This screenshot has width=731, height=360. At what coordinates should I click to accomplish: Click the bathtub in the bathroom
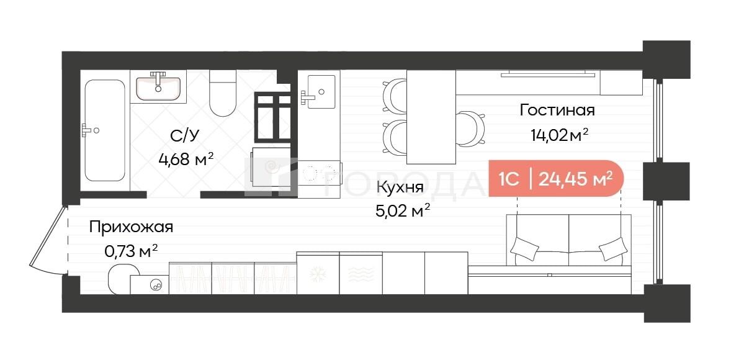click(105, 130)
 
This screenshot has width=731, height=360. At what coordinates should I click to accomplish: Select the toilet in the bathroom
click(222, 93)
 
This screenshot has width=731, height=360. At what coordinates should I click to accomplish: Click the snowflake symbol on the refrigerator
click(318, 274)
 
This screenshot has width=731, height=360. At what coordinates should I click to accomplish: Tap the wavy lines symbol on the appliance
click(361, 274)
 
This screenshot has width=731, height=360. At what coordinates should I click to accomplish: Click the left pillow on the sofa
click(525, 248)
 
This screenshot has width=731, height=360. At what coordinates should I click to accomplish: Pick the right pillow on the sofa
click(612, 248)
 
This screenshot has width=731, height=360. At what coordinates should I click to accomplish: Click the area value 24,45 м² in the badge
click(575, 179)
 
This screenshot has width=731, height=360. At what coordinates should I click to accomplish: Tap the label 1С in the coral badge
click(509, 179)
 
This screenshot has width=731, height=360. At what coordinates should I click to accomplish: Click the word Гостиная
click(558, 110)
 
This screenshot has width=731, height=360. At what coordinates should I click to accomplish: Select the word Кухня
click(400, 188)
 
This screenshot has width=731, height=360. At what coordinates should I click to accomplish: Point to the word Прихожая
click(132, 228)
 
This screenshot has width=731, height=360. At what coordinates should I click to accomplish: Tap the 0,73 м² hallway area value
click(131, 252)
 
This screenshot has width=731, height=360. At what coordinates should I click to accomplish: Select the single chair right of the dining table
click(470, 128)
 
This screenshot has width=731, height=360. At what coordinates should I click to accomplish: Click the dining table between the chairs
click(431, 117)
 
